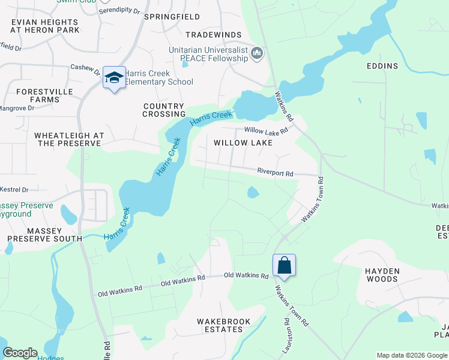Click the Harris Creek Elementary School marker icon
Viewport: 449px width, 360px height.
114,78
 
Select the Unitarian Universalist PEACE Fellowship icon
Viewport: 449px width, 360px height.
257,54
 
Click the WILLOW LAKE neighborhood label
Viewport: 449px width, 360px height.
243,143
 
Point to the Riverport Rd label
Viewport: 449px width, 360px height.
275,173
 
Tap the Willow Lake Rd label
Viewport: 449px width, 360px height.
266,130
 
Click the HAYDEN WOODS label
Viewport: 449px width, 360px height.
382,275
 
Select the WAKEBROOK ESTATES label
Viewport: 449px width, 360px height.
224,325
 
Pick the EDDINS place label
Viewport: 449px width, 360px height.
384,65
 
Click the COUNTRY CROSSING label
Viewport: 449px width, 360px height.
164,110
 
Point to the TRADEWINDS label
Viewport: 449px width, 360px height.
213,35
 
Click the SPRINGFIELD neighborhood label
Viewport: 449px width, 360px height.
172,17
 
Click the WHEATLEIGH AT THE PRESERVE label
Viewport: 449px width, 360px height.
69,139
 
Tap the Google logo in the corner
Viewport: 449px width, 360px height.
19,353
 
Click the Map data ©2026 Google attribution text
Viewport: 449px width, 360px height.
411,355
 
